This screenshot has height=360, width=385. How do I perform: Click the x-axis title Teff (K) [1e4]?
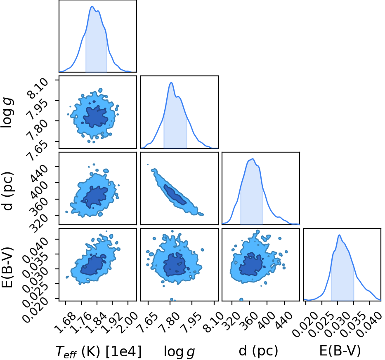coord(99,351)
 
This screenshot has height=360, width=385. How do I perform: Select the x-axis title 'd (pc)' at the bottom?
coord(258,351)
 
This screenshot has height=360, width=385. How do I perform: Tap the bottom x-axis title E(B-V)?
coord(340,351)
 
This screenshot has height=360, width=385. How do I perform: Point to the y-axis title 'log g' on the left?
coord(7,113)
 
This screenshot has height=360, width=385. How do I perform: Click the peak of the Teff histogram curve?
coord(92,6)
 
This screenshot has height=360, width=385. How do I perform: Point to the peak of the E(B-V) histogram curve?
coord(339,235)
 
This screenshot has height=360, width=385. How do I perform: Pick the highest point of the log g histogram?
coord(171,83)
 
